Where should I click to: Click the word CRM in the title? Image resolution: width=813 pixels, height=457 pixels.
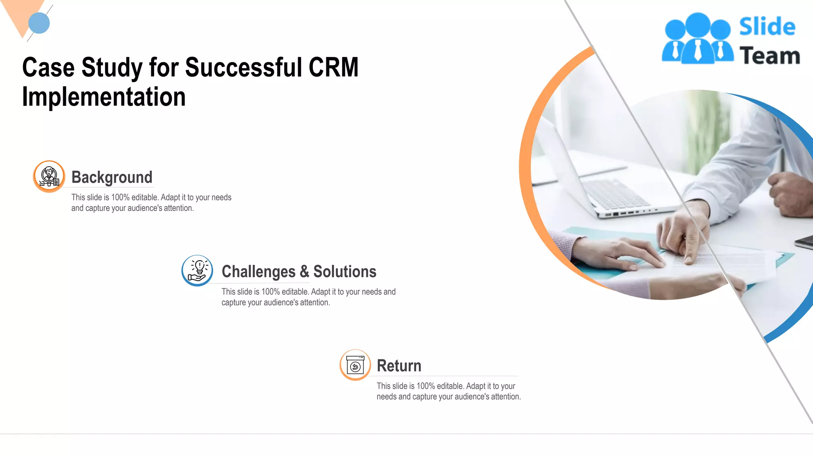333,67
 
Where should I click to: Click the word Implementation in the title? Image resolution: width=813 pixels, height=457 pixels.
104,97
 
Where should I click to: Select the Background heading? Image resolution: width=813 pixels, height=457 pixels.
112,177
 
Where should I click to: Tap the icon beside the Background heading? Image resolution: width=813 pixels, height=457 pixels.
49,176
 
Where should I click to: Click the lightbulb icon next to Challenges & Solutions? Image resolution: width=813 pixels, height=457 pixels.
197,271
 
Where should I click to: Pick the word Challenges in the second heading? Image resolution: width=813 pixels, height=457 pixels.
258,272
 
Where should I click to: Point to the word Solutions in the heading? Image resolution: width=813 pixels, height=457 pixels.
345,272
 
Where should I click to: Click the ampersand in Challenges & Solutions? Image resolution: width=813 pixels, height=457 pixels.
304,272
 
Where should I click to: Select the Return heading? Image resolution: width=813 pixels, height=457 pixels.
399,366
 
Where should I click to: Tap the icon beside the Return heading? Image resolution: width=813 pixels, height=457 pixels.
355,365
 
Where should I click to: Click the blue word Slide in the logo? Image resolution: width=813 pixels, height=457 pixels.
767,27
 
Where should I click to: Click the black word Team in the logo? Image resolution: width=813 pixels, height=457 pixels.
769,56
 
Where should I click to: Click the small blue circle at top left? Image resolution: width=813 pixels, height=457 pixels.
39,23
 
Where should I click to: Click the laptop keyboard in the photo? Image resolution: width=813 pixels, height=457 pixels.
615,194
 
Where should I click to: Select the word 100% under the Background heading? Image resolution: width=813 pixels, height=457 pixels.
120,198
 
